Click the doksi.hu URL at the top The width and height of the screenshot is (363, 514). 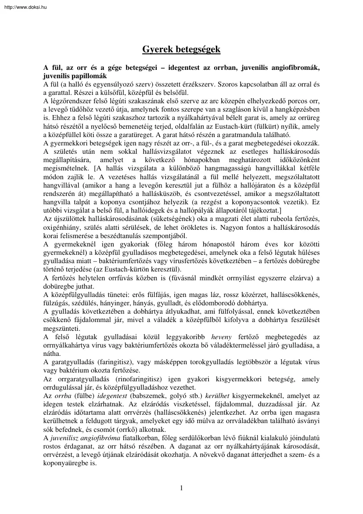21,3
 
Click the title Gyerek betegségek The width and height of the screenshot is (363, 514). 181,50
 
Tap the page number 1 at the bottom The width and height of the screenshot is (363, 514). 181,488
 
